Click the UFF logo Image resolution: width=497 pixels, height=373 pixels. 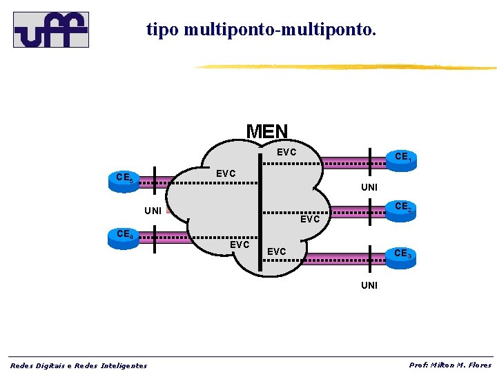pos(51,30)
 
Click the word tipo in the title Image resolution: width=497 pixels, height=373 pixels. pos(163,30)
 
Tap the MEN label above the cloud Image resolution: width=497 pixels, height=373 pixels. pos(267,131)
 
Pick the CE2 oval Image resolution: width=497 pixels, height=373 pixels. pos(402,207)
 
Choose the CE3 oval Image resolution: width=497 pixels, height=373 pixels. pos(402,254)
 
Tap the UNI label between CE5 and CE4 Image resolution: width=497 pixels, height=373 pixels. pos(153,210)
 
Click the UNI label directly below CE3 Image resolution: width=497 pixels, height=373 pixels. pos(369,285)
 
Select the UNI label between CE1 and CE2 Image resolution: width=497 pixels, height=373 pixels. pos(369,187)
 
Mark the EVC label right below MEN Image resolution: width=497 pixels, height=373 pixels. pos(286,152)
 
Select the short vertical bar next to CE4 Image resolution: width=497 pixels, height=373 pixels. pos(155,238)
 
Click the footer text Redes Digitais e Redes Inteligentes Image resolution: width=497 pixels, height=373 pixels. pos(78,365)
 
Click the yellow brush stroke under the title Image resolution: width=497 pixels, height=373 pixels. pos(345,67)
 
